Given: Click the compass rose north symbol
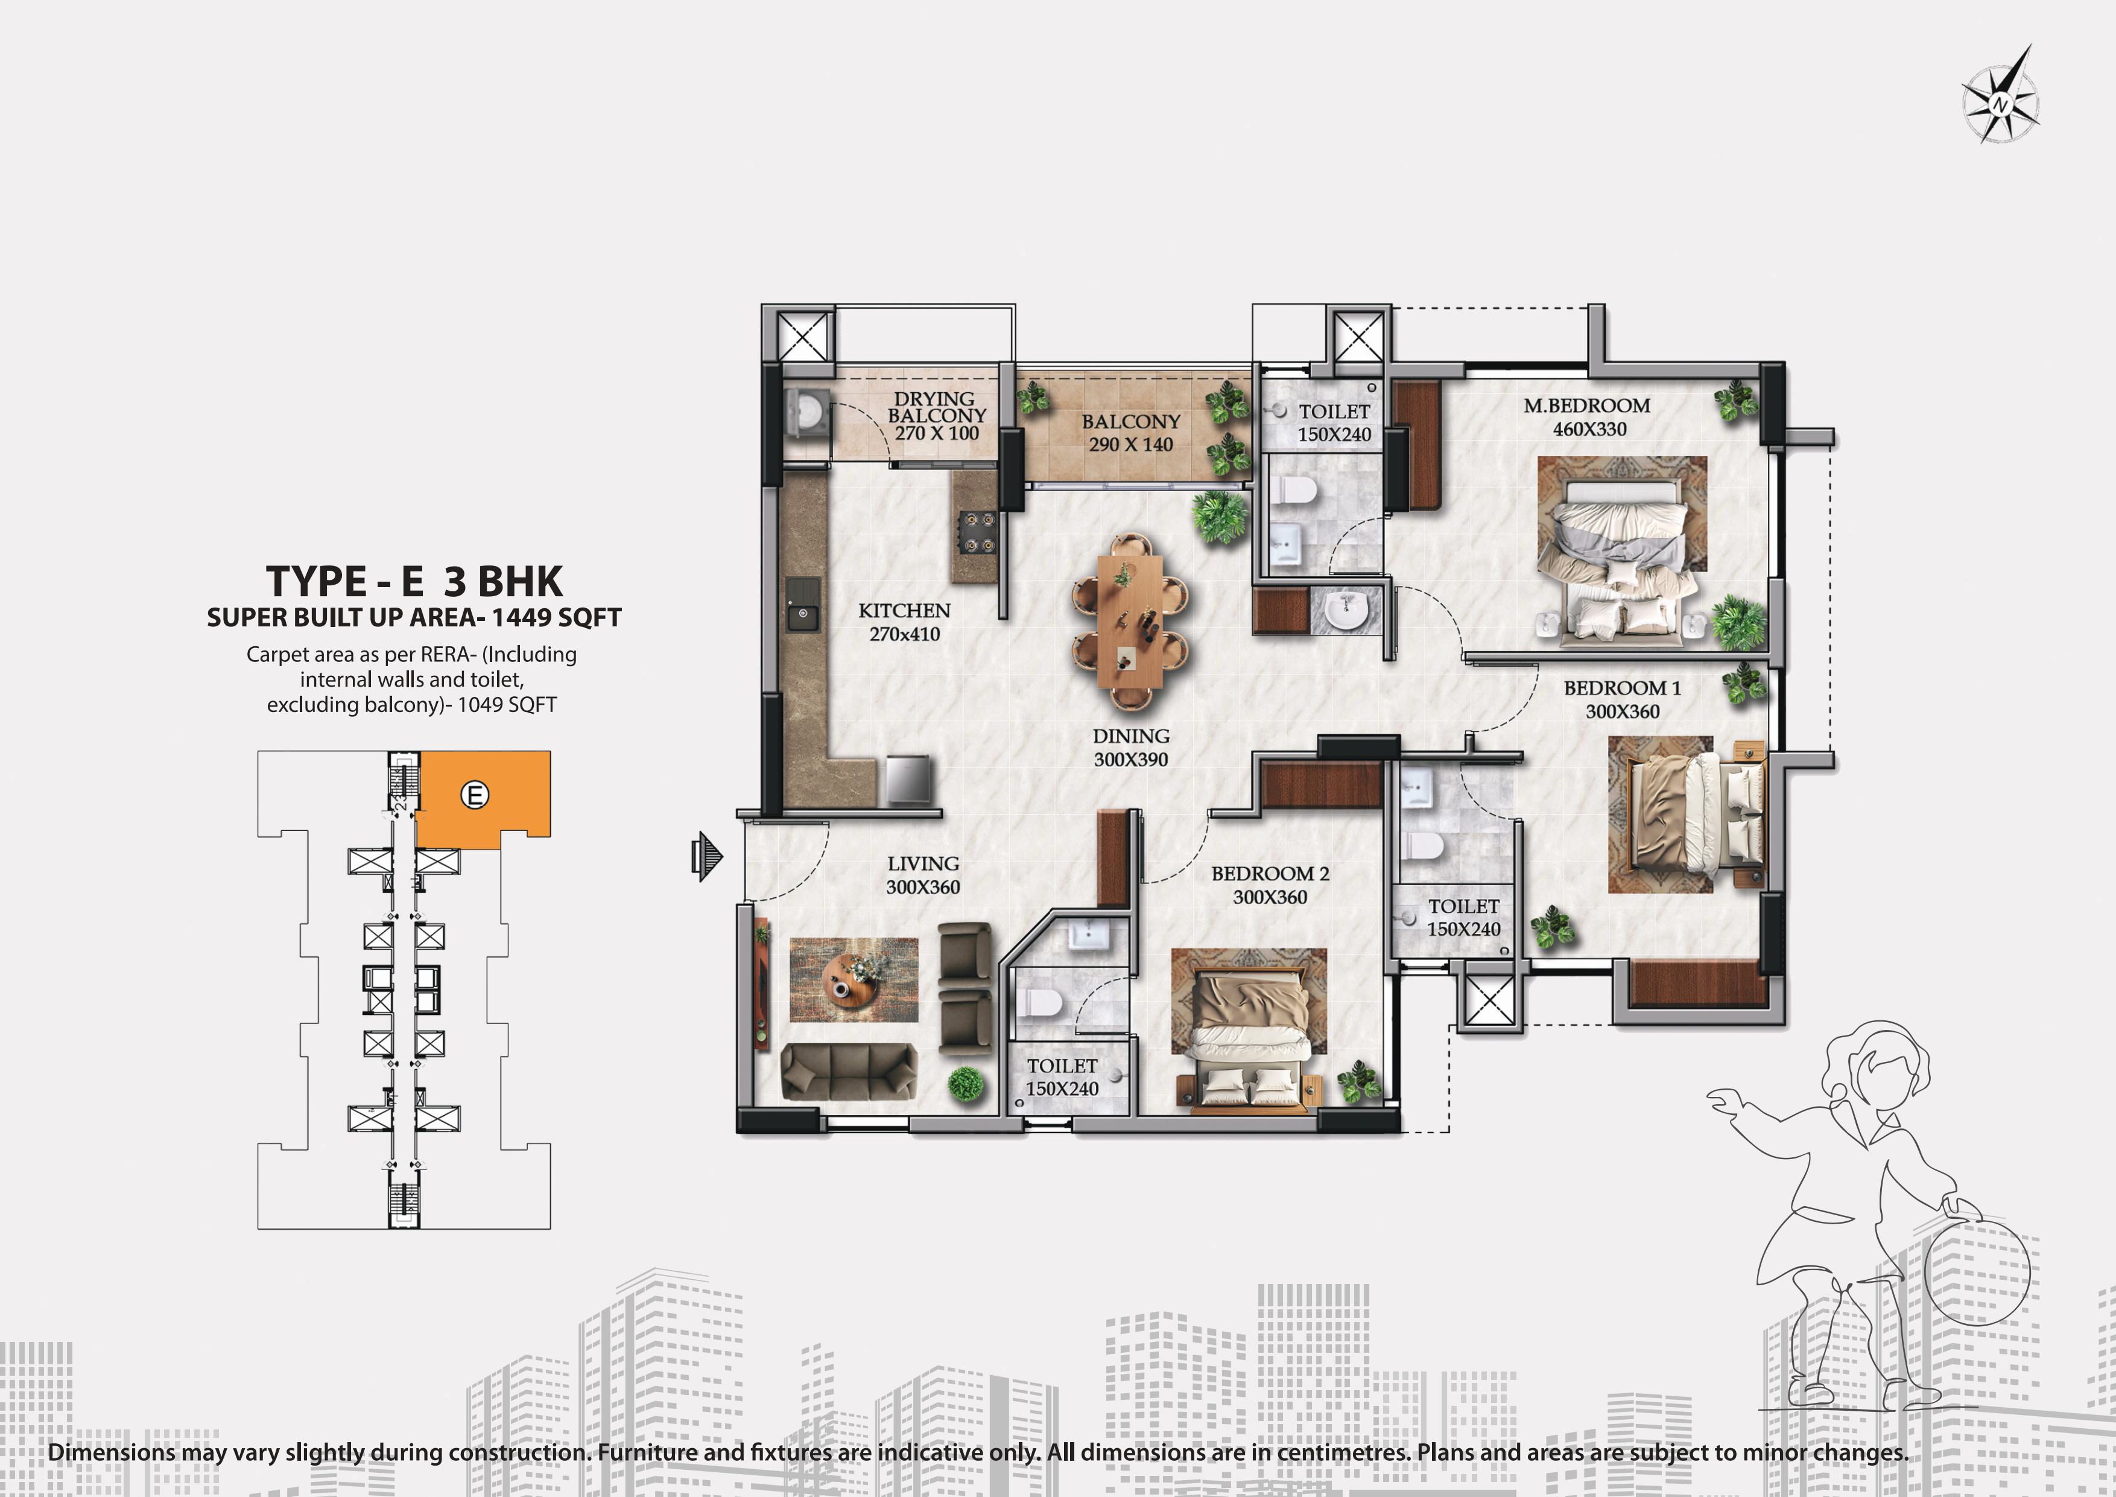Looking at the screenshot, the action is [1999, 95].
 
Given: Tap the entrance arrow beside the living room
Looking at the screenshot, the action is [707, 856].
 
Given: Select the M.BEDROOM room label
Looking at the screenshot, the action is [1587, 405].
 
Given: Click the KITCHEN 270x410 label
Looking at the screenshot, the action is [904, 622].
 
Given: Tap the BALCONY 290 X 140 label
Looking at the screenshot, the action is [1131, 432].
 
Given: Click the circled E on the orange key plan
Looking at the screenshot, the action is [475, 795].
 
